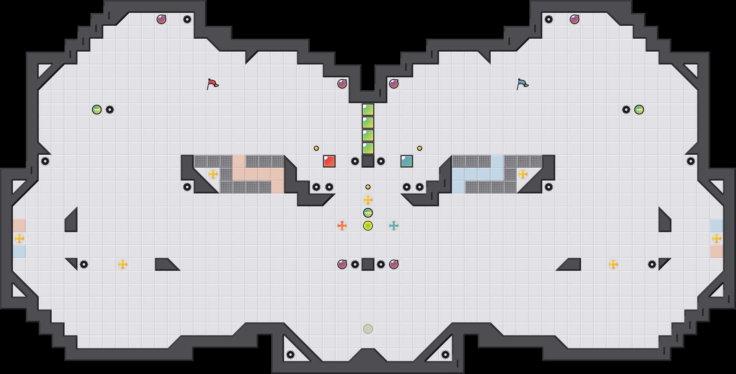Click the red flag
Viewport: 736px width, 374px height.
(x=212, y=84)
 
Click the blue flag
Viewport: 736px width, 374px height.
(x=522, y=84)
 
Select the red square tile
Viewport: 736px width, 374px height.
(x=329, y=161)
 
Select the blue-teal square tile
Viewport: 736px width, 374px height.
(x=407, y=161)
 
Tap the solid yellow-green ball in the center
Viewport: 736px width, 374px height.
(x=368, y=226)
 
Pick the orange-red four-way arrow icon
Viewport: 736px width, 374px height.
(x=342, y=226)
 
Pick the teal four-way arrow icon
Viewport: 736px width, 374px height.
(x=394, y=226)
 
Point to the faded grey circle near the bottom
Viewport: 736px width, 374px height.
(x=368, y=329)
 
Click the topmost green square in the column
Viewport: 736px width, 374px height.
(x=368, y=110)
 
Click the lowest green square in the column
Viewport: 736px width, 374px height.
(x=368, y=148)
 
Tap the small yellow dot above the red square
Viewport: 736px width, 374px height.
(x=316, y=148)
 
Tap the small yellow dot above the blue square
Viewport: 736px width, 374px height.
(x=420, y=148)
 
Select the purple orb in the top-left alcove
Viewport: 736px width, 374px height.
(x=161, y=19)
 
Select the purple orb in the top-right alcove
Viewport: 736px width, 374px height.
(x=575, y=19)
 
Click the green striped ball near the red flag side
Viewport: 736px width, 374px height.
(x=97, y=110)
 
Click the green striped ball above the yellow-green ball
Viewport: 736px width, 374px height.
(x=368, y=213)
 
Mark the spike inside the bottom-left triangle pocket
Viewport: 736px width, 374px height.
(x=291, y=355)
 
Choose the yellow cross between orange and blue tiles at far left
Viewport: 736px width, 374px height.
(x=19, y=239)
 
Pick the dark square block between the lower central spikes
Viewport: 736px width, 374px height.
(x=368, y=264)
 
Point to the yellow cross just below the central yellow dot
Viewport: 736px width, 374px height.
(x=368, y=200)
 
